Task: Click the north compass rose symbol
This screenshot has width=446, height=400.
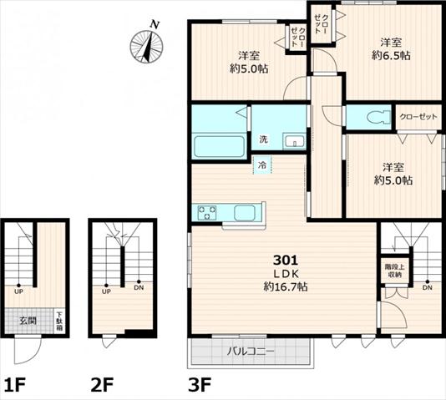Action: (x=146, y=46)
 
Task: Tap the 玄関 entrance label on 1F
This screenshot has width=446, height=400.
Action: (x=28, y=321)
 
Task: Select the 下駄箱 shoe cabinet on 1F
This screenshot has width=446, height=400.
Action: (x=60, y=322)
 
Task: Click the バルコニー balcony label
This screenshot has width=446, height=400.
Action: (x=251, y=352)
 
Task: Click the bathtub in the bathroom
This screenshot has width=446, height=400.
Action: (x=219, y=147)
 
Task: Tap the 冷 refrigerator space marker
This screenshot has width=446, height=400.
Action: (x=262, y=165)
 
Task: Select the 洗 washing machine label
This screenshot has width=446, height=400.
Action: (x=263, y=139)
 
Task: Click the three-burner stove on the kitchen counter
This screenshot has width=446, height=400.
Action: (x=207, y=213)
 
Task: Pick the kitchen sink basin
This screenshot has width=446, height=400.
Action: (x=245, y=213)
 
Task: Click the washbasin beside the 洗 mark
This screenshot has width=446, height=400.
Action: (x=294, y=141)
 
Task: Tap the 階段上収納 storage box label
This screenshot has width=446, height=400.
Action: (x=394, y=271)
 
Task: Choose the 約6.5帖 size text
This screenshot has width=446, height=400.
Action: (x=391, y=56)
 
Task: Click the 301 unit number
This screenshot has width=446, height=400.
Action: (x=286, y=260)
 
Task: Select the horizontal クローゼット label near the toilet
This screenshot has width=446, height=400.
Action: (x=418, y=117)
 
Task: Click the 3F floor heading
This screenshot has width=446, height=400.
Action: (x=200, y=384)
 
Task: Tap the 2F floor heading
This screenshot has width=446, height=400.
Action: (x=102, y=384)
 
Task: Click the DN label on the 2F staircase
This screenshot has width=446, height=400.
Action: (x=139, y=288)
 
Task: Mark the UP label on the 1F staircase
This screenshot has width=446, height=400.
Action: (x=18, y=291)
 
